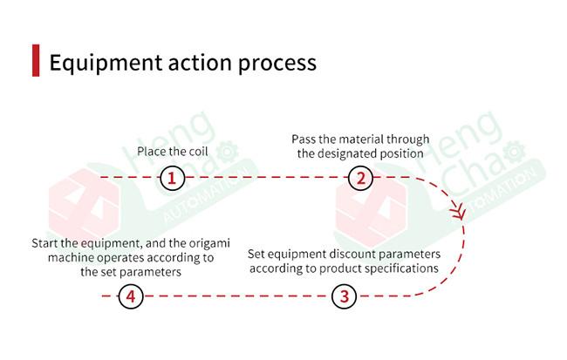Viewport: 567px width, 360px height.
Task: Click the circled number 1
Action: pos(173,179)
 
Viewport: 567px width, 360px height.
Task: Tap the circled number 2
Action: pos(360,179)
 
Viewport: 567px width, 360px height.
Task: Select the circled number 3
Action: pos(345,296)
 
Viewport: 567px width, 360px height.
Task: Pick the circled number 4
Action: pos(131,296)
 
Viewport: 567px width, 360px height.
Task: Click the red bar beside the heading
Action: pos(36,61)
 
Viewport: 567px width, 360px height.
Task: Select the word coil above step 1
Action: pos(195,152)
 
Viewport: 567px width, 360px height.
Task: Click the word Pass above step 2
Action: pos(304,139)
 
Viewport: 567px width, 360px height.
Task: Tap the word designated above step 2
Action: pos(348,153)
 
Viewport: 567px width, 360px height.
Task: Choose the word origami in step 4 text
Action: pos(200,243)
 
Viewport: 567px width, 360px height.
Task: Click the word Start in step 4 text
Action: pos(45,243)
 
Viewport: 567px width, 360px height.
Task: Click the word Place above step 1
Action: pos(153,152)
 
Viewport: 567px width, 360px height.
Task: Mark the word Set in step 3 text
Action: pos(256,254)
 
